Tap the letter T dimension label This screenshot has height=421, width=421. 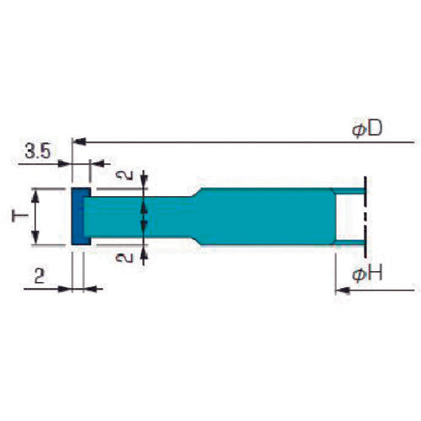click(19, 217)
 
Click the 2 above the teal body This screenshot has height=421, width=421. click(124, 177)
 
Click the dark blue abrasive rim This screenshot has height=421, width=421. click(77, 217)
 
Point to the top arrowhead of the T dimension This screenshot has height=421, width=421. click(35, 193)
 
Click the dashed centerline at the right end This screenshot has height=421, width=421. click(365, 217)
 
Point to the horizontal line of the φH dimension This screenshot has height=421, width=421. click(379, 290)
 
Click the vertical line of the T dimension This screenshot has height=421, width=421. click(35, 217)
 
